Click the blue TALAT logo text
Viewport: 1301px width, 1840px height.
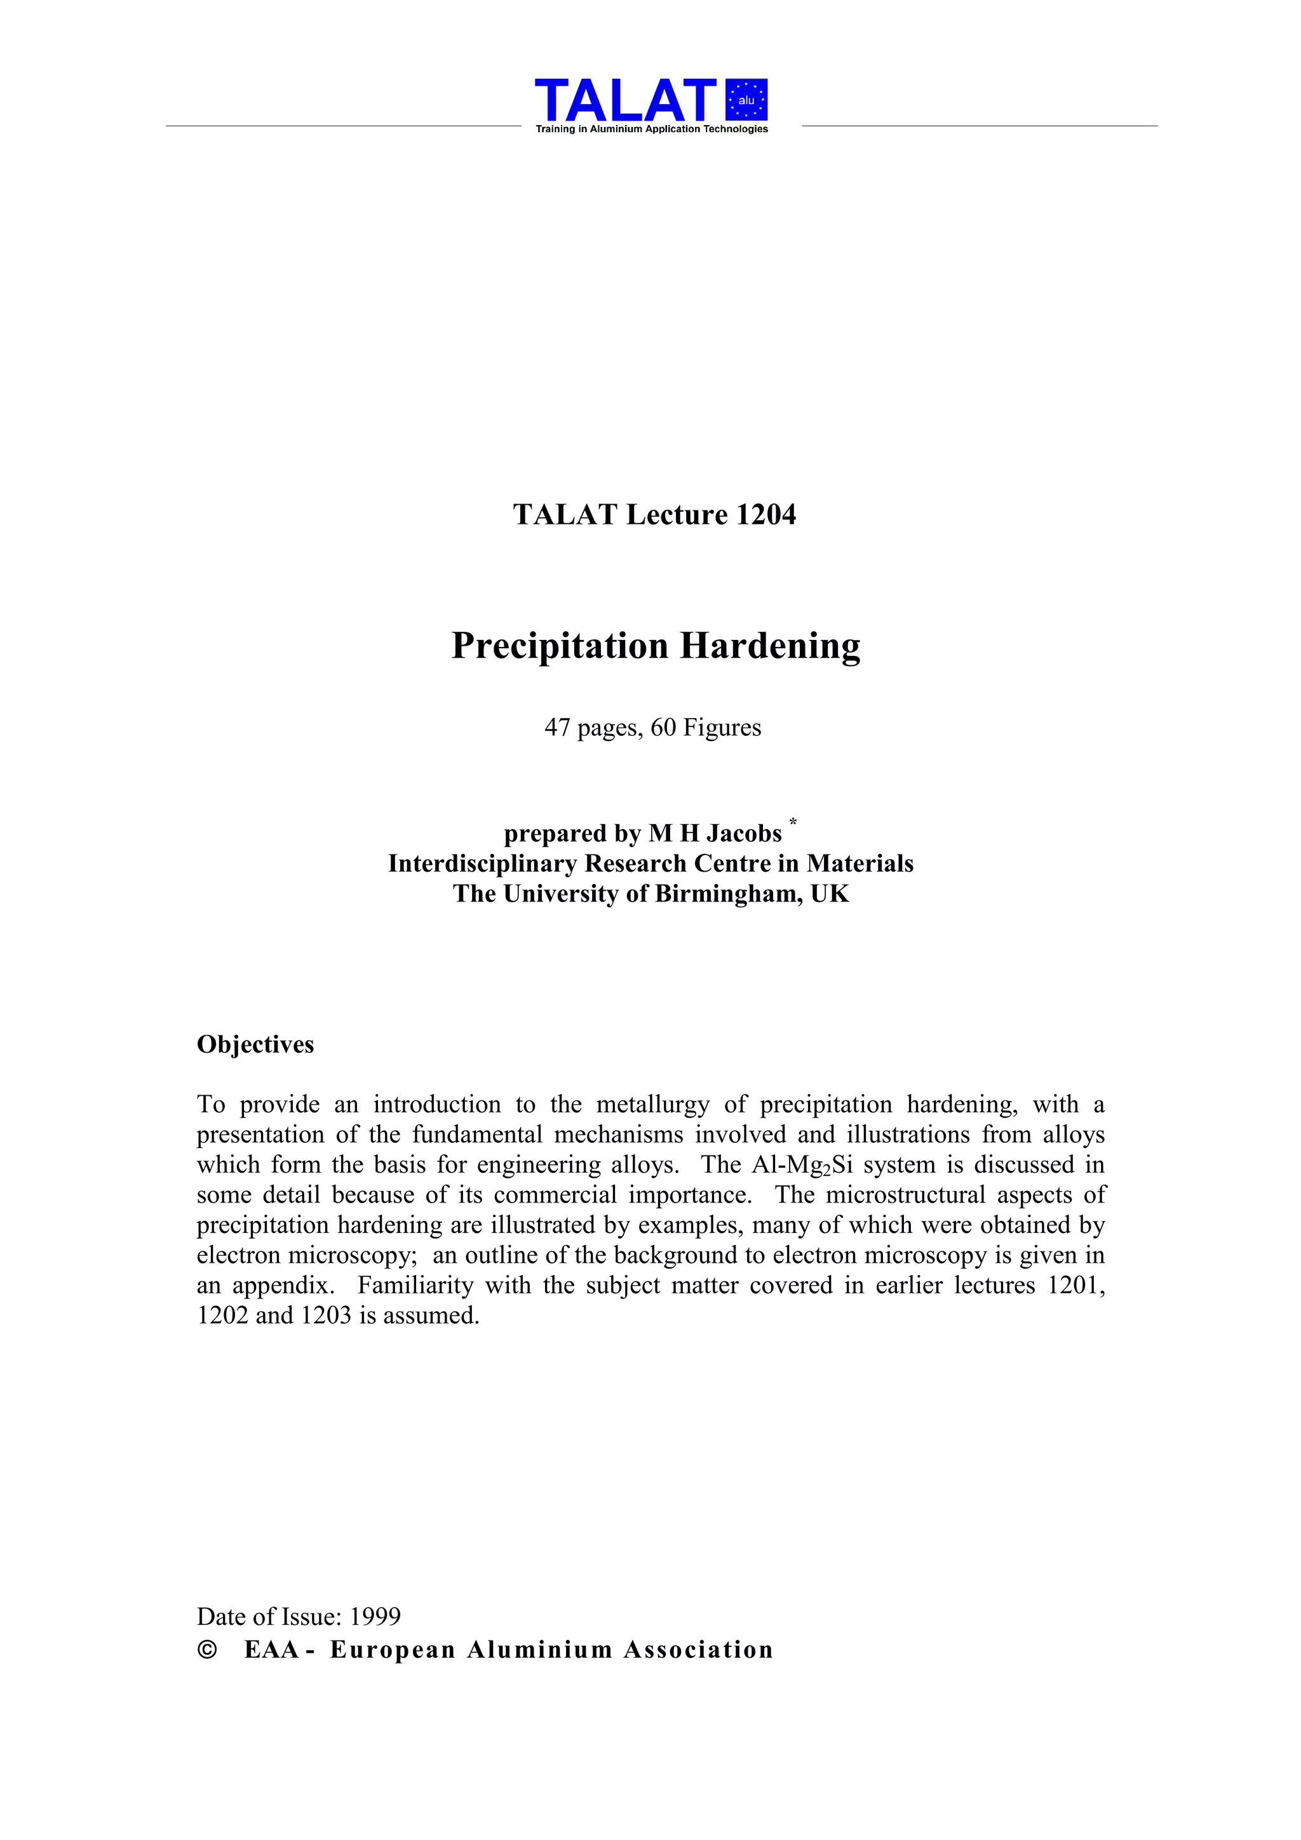tap(625, 100)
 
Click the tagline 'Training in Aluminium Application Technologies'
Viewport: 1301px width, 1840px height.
tap(651, 129)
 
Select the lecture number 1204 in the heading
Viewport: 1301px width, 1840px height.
tap(765, 514)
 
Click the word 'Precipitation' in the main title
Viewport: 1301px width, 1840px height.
tap(560, 646)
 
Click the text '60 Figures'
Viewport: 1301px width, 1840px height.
tap(706, 728)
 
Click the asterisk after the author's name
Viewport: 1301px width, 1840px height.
tap(793, 822)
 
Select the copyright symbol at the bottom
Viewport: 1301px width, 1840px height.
tap(207, 1650)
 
